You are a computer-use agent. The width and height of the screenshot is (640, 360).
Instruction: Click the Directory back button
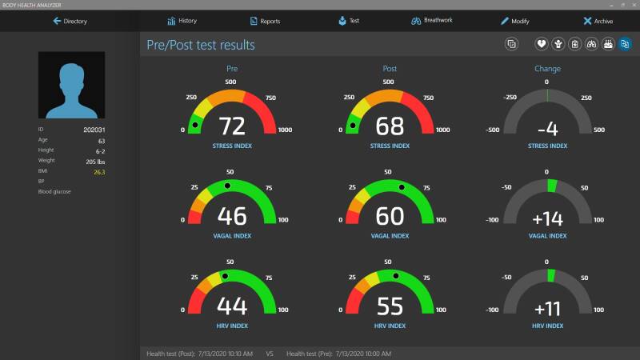pos(70,22)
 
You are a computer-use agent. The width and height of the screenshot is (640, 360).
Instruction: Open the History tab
pos(182,21)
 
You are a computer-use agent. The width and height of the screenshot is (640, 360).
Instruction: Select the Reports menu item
pos(265,22)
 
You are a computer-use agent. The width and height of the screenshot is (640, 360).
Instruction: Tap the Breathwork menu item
pos(432,21)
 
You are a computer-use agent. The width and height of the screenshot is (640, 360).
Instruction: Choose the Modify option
pos(514,22)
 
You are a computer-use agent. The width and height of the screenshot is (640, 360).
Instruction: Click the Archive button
pos(598,22)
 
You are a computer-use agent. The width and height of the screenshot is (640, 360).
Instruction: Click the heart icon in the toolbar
pos(542,44)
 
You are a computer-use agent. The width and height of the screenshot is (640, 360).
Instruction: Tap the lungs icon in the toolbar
pos(591,44)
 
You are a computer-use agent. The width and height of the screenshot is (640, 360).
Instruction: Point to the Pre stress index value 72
pos(232,126)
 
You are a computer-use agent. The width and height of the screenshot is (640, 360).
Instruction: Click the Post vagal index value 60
pos(390,216)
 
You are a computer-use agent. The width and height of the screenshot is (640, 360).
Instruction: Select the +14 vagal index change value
pos(547,219)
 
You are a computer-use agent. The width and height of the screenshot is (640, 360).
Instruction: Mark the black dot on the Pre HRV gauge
pos(225,276)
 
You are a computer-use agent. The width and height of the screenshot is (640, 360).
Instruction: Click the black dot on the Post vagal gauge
pos(402,187)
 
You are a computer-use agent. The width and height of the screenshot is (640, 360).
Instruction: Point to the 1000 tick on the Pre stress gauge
pos(285,130)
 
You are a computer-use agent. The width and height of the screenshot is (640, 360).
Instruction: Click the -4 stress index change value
pos(547,130)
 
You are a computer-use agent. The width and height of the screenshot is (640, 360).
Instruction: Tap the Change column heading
pos(547,69)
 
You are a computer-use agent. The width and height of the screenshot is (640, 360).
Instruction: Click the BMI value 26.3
pos(99,172)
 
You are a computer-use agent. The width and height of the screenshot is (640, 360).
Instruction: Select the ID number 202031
pos(94,130)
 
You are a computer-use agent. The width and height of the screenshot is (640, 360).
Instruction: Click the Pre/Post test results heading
pos(201,45)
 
